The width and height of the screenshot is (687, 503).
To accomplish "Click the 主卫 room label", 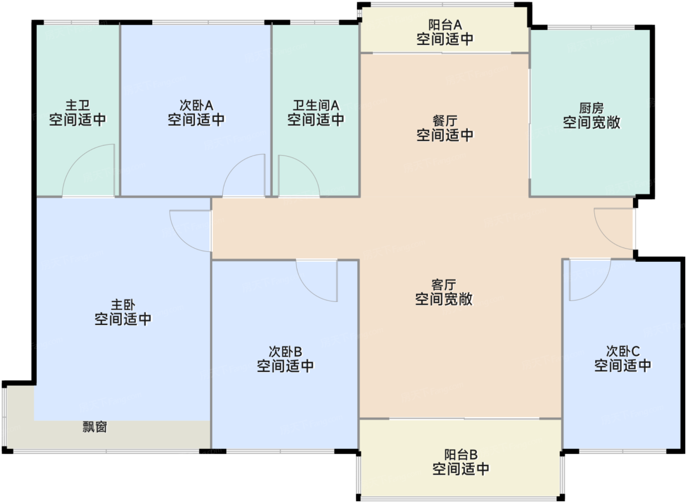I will tap(78, 105).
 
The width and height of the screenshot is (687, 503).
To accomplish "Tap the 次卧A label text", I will tap(196, 105).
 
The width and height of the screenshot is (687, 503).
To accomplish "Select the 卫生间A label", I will tap(316, 105).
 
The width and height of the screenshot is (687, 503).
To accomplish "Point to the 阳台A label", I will tap(445, 25).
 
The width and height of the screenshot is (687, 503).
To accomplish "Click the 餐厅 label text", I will tap(445, 120).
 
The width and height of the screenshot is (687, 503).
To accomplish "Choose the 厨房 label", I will tap(591, 108).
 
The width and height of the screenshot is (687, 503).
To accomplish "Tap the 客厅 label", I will tap(444, 284).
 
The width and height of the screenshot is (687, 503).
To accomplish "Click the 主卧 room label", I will tap(123, 305).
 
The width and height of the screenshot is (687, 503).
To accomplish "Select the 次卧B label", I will tap(285, 352).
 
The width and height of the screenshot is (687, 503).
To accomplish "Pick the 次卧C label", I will tap(623, 351).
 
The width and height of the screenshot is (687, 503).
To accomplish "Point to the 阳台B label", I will tap(460, 455).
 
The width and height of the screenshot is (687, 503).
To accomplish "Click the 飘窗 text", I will tap(95, 427).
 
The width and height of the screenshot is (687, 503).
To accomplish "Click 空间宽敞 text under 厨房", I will tap(591, 122).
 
